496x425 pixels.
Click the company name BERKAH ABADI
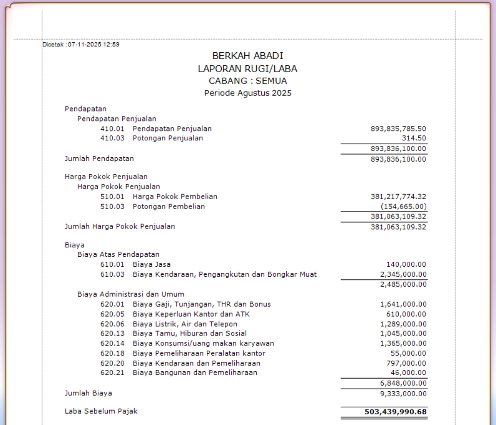(x=247, y=56)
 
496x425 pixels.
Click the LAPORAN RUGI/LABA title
(x=247, y=69)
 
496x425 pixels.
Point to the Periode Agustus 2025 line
(x=247, y=93)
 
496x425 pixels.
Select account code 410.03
(x=112, y=138)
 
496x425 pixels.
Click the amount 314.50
(x=414, y=138)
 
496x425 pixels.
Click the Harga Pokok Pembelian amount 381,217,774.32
(x=398, y=197)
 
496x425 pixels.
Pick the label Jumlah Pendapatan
(x=99, y=159)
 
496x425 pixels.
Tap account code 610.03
(x=112, y=274)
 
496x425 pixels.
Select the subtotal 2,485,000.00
(x=403, y=284)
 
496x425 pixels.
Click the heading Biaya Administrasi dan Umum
(x=131, y=294)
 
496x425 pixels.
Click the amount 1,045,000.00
(x=403, y=333)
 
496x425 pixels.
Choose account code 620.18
(x=112, y=353)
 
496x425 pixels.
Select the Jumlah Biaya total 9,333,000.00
(x=403, y=394)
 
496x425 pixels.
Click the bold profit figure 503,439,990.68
(x=392, y=412)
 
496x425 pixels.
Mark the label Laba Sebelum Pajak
(x=101, y=411)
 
